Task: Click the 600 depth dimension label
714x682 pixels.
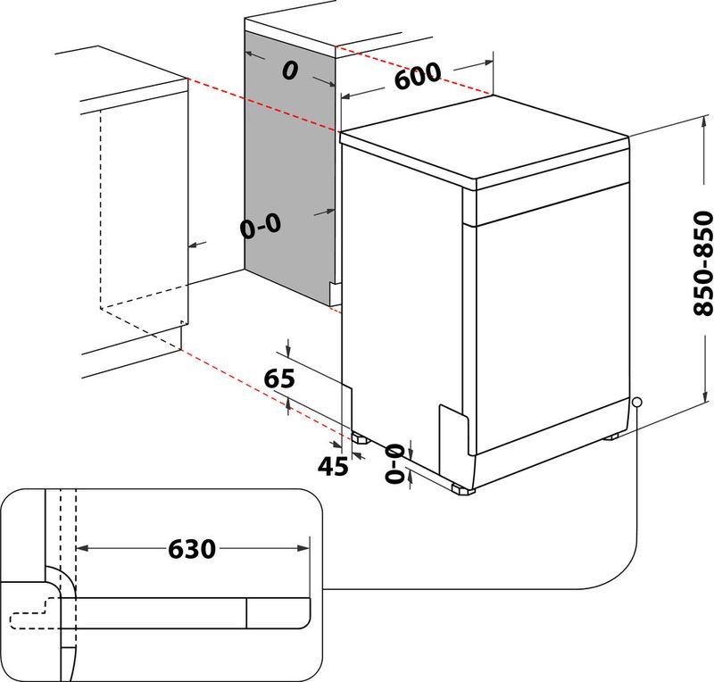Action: click(418, 77)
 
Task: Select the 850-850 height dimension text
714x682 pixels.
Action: click(702, 263)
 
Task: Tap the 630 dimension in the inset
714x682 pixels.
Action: click(192, 548)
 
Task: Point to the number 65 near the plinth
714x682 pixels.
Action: click(279, 378)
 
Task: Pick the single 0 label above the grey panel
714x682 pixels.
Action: click(288, 71)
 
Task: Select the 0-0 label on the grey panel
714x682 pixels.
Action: click(261, 227)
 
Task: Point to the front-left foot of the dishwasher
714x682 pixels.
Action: click(360, 437)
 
